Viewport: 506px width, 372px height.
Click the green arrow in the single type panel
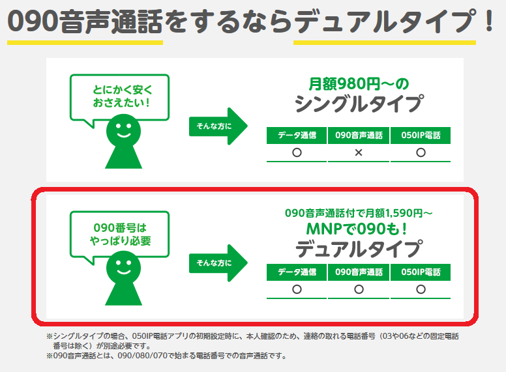(219, 124)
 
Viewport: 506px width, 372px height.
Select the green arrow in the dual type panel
(219, 263)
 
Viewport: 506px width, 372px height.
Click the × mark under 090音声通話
(359, 152)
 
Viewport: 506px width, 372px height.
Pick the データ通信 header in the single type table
(297, 135)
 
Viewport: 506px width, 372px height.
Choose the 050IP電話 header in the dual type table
(421, 272)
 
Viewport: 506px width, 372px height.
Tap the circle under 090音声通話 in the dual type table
(359, 289)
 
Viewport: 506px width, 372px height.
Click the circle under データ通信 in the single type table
(297, 152)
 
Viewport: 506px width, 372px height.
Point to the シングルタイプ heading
(358, 104)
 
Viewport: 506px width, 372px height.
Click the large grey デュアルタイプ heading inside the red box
(358, 249)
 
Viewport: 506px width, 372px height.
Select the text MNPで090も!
(358, 229)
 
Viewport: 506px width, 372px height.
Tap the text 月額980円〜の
(358, 83)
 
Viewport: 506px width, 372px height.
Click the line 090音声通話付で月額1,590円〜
(358, 213)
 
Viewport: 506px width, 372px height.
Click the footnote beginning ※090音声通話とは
(166, 356)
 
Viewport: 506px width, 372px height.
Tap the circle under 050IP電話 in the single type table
(421, 152)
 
